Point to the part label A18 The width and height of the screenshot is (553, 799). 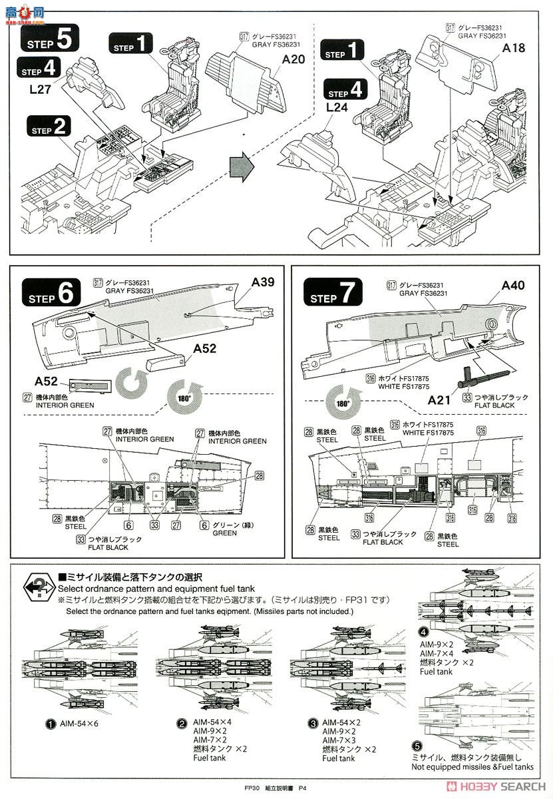point(514,48)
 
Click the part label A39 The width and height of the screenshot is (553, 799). point(263,282)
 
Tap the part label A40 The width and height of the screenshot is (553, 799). point(513,285)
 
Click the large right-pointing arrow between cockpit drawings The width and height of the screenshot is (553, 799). point(242,164)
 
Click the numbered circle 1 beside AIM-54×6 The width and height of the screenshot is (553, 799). point(50,724)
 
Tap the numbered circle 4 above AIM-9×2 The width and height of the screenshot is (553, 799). point(424,632)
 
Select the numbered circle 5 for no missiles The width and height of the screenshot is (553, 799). point(417,746)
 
